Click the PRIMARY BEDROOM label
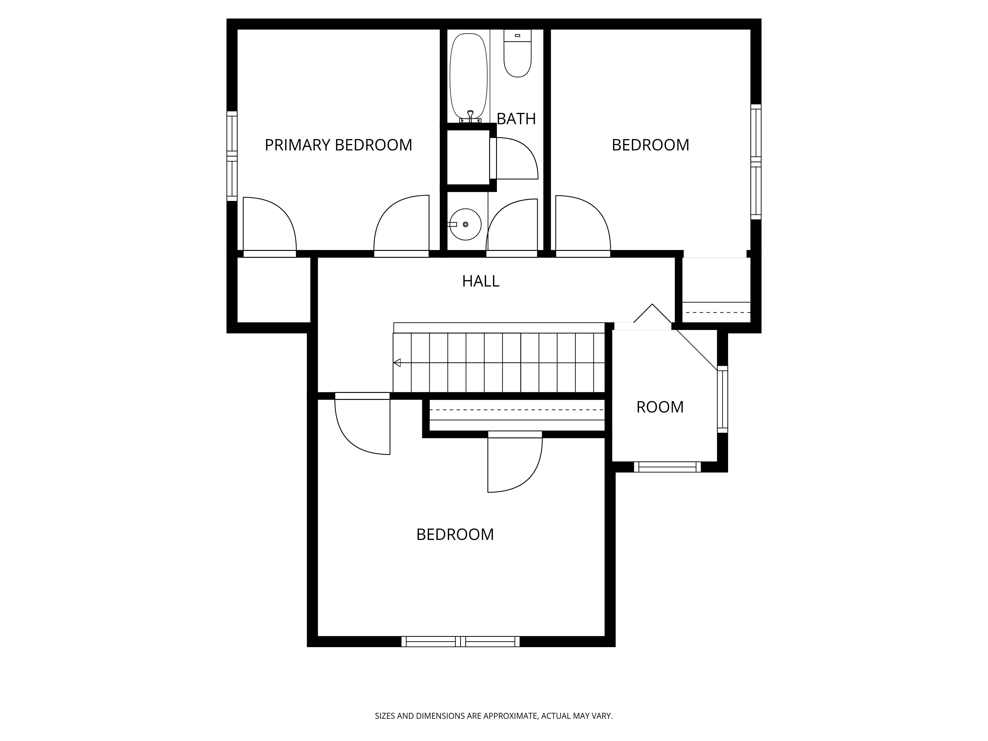click(x=338, y=145)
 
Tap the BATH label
click(x=516, y=119)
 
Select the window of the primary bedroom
click(x=232, y=156)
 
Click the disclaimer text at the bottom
click(x=494, y=691)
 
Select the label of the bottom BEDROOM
click(x=455, y=535)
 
